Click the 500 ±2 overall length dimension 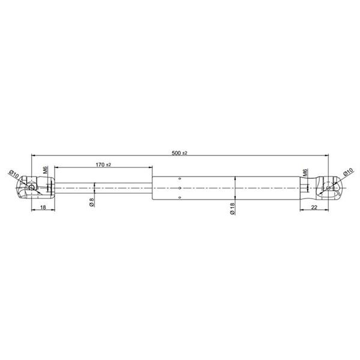[179, 153]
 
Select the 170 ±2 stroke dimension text [103, 164]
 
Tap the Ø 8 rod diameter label [92, 202]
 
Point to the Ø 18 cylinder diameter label [232, 208]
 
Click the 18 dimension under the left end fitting [43, 207]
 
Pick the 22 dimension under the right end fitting [314, 207]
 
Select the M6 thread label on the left [45, 170]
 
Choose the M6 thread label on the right [305, 172]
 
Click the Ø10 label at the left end [14, 175]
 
